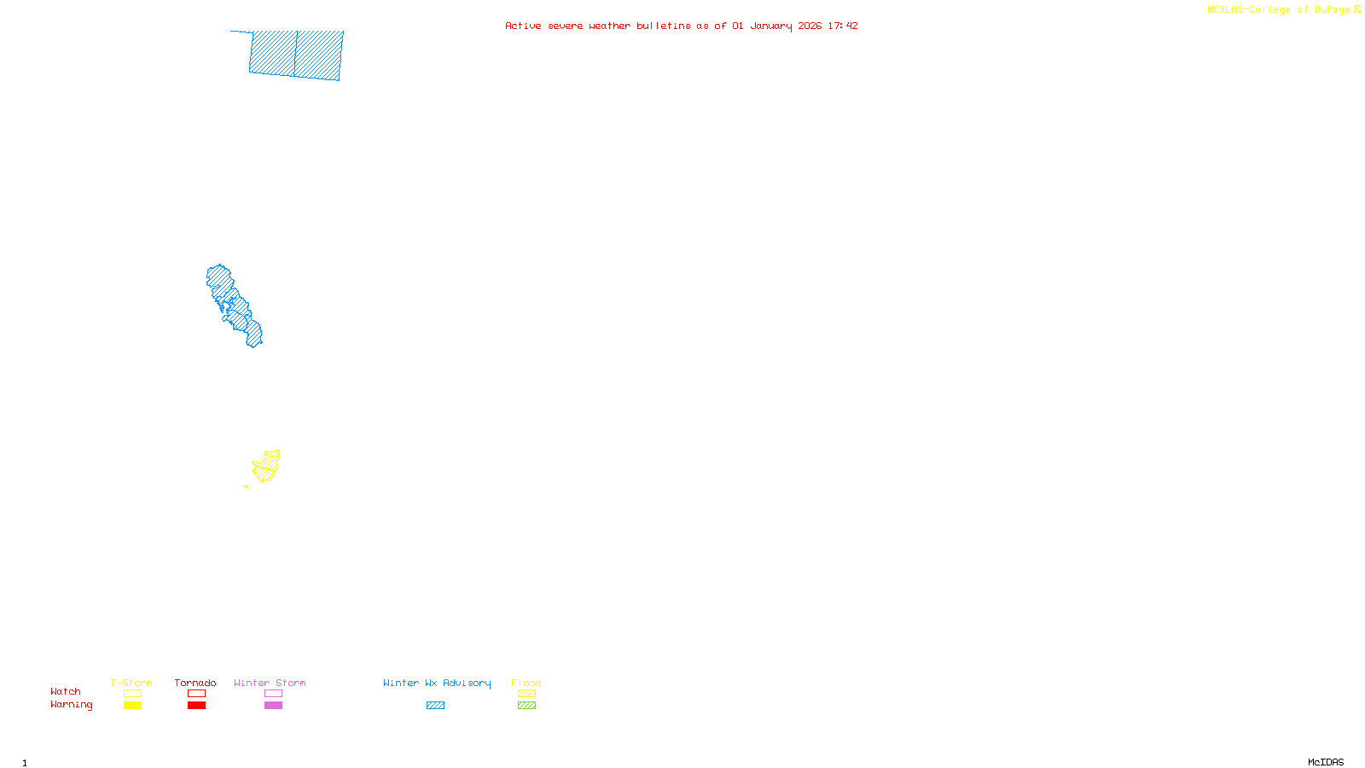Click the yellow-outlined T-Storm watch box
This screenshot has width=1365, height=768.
pos(132,694)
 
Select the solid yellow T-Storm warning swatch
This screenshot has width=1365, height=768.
pos(132,706)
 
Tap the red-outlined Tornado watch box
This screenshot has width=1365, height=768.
pos(196,694)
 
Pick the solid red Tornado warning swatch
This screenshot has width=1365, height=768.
pos(196,706)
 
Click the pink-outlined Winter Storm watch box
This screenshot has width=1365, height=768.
pos(273,694)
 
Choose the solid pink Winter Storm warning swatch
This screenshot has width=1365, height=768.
pos(273,706)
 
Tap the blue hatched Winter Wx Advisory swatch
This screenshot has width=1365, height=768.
pos(435,706)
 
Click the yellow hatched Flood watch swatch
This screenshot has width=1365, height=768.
pos(526,694)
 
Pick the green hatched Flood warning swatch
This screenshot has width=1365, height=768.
pos(526,706)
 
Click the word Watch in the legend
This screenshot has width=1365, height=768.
pos(66,692)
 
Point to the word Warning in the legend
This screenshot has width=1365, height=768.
pos(71,705)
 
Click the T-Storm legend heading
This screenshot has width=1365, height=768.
pos(131,683)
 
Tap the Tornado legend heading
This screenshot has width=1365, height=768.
pos(195,683)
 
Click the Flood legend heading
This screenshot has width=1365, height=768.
pos(526,683)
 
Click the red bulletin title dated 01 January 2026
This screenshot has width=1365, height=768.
pos(681,26)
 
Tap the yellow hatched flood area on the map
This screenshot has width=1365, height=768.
pos(267,466)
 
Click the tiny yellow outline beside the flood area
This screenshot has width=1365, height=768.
pos(247,486)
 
